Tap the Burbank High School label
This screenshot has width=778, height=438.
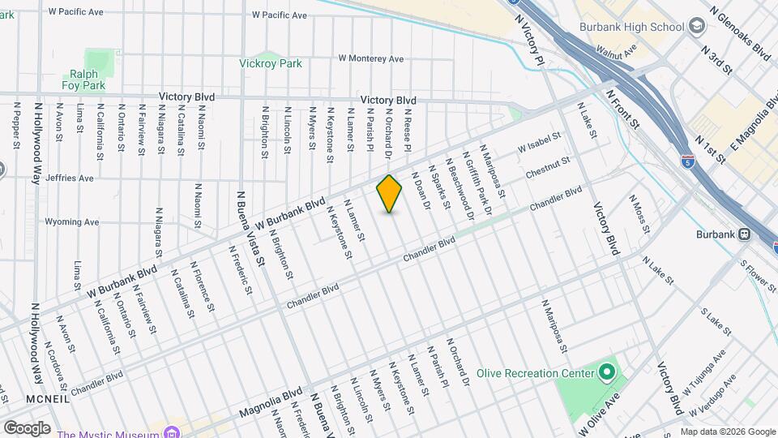[x=631, y=27]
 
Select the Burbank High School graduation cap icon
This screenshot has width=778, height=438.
[x=696, y=27]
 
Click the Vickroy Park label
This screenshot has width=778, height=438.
[x=271, y=63]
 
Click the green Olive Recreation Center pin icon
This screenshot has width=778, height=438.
[x=607, y=373]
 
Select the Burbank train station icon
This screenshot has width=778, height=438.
[x=743, y=234]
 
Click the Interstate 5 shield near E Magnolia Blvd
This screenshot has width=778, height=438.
[x=688, y=162]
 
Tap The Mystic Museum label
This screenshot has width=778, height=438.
[x=108, y=432]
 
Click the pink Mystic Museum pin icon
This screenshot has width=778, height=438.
[x=172, y=432]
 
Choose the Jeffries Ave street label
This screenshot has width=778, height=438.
[x=70, y=178]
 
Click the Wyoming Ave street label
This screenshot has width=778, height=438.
[x=71, y=221]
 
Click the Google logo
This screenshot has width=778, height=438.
[x=27, y=427]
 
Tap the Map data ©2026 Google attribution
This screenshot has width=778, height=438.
[x=727, y=432]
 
